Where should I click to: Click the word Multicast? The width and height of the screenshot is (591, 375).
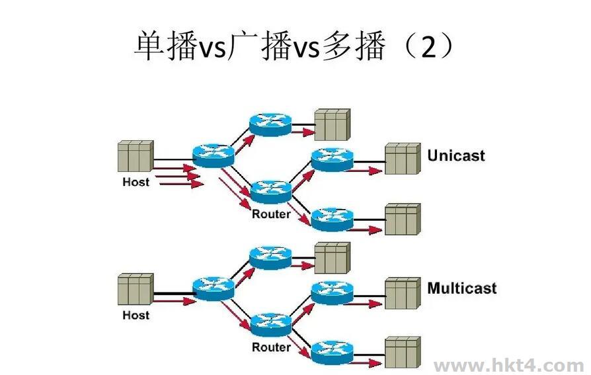click(x=461, y=288)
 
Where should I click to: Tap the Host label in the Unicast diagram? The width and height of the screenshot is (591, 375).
click(x=136, y=182)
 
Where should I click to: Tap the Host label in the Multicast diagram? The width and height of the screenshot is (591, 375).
click(x=136, y=315)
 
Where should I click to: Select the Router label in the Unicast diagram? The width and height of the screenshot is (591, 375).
click(x=271, y=214)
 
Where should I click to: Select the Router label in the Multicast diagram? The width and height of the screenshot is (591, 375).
click(x=271, y=347)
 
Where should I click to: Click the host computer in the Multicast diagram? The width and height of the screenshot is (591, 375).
click(x=136, y=290)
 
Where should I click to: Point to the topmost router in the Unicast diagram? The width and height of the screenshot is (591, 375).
click(x=270, y=124)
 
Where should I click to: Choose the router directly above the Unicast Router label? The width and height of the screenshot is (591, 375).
click(x=271, y=190)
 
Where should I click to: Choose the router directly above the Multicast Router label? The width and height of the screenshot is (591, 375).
click(x=271, y=323)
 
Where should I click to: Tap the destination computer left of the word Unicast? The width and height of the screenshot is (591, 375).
click(x=403, y=159)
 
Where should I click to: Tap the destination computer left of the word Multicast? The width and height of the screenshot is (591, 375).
click(x=403, y=293)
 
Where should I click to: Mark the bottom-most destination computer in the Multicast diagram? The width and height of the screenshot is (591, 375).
click(x=403, y=352)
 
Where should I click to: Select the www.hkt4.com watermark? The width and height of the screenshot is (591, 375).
click(x=508, y=365)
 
